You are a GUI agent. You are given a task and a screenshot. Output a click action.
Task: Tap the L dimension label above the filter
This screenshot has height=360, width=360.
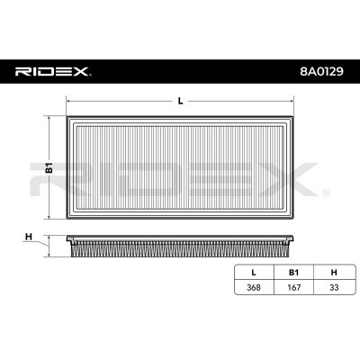click(180, 100)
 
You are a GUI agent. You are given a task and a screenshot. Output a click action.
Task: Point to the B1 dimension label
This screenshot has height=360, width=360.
click(50, 167)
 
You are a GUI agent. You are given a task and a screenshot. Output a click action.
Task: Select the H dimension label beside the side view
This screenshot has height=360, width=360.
click(29, 237)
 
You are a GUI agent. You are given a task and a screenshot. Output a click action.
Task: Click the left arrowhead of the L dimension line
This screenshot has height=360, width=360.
click(70, 105)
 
